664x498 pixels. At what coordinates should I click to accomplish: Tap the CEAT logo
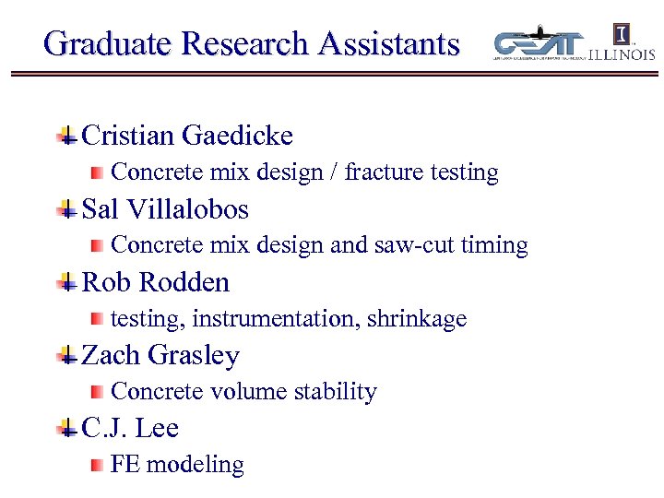pyautogui.click(x=540, y=44)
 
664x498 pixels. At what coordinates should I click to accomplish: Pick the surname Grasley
pyautogui.click(x=194, y=355)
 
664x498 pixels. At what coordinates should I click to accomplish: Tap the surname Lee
pyautogui.click(x=158, y=428)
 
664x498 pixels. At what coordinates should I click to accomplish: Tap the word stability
pyautogui.click(x=336, y=392)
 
